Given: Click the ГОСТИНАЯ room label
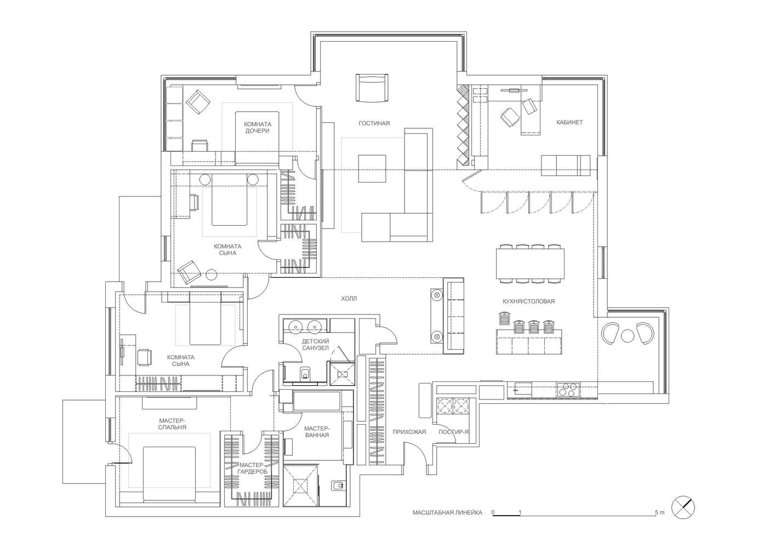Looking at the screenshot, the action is point(374,123).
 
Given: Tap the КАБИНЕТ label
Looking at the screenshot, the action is point(569,122).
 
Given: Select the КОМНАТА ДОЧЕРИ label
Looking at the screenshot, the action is point(258,127).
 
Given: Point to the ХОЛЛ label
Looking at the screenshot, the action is point(349,298).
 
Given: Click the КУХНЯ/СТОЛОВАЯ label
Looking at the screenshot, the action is point(529,301).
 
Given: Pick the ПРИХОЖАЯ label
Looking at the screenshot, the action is point(409,432).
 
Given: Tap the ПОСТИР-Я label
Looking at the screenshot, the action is point(454,432).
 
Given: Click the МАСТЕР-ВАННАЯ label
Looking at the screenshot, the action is point(317,431).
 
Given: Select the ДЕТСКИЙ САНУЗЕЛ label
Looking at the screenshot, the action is point(315,345).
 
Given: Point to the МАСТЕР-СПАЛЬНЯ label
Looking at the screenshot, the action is point(173,424).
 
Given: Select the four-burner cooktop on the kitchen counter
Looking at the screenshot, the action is point(568,390).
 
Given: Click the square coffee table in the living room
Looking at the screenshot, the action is point(372,168).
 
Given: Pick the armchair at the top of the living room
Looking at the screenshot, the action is point(372,88).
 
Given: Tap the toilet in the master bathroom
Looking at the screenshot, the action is point(337,486).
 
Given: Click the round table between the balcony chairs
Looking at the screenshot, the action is point(628,335).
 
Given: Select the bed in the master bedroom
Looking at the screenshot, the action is point(169,475).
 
